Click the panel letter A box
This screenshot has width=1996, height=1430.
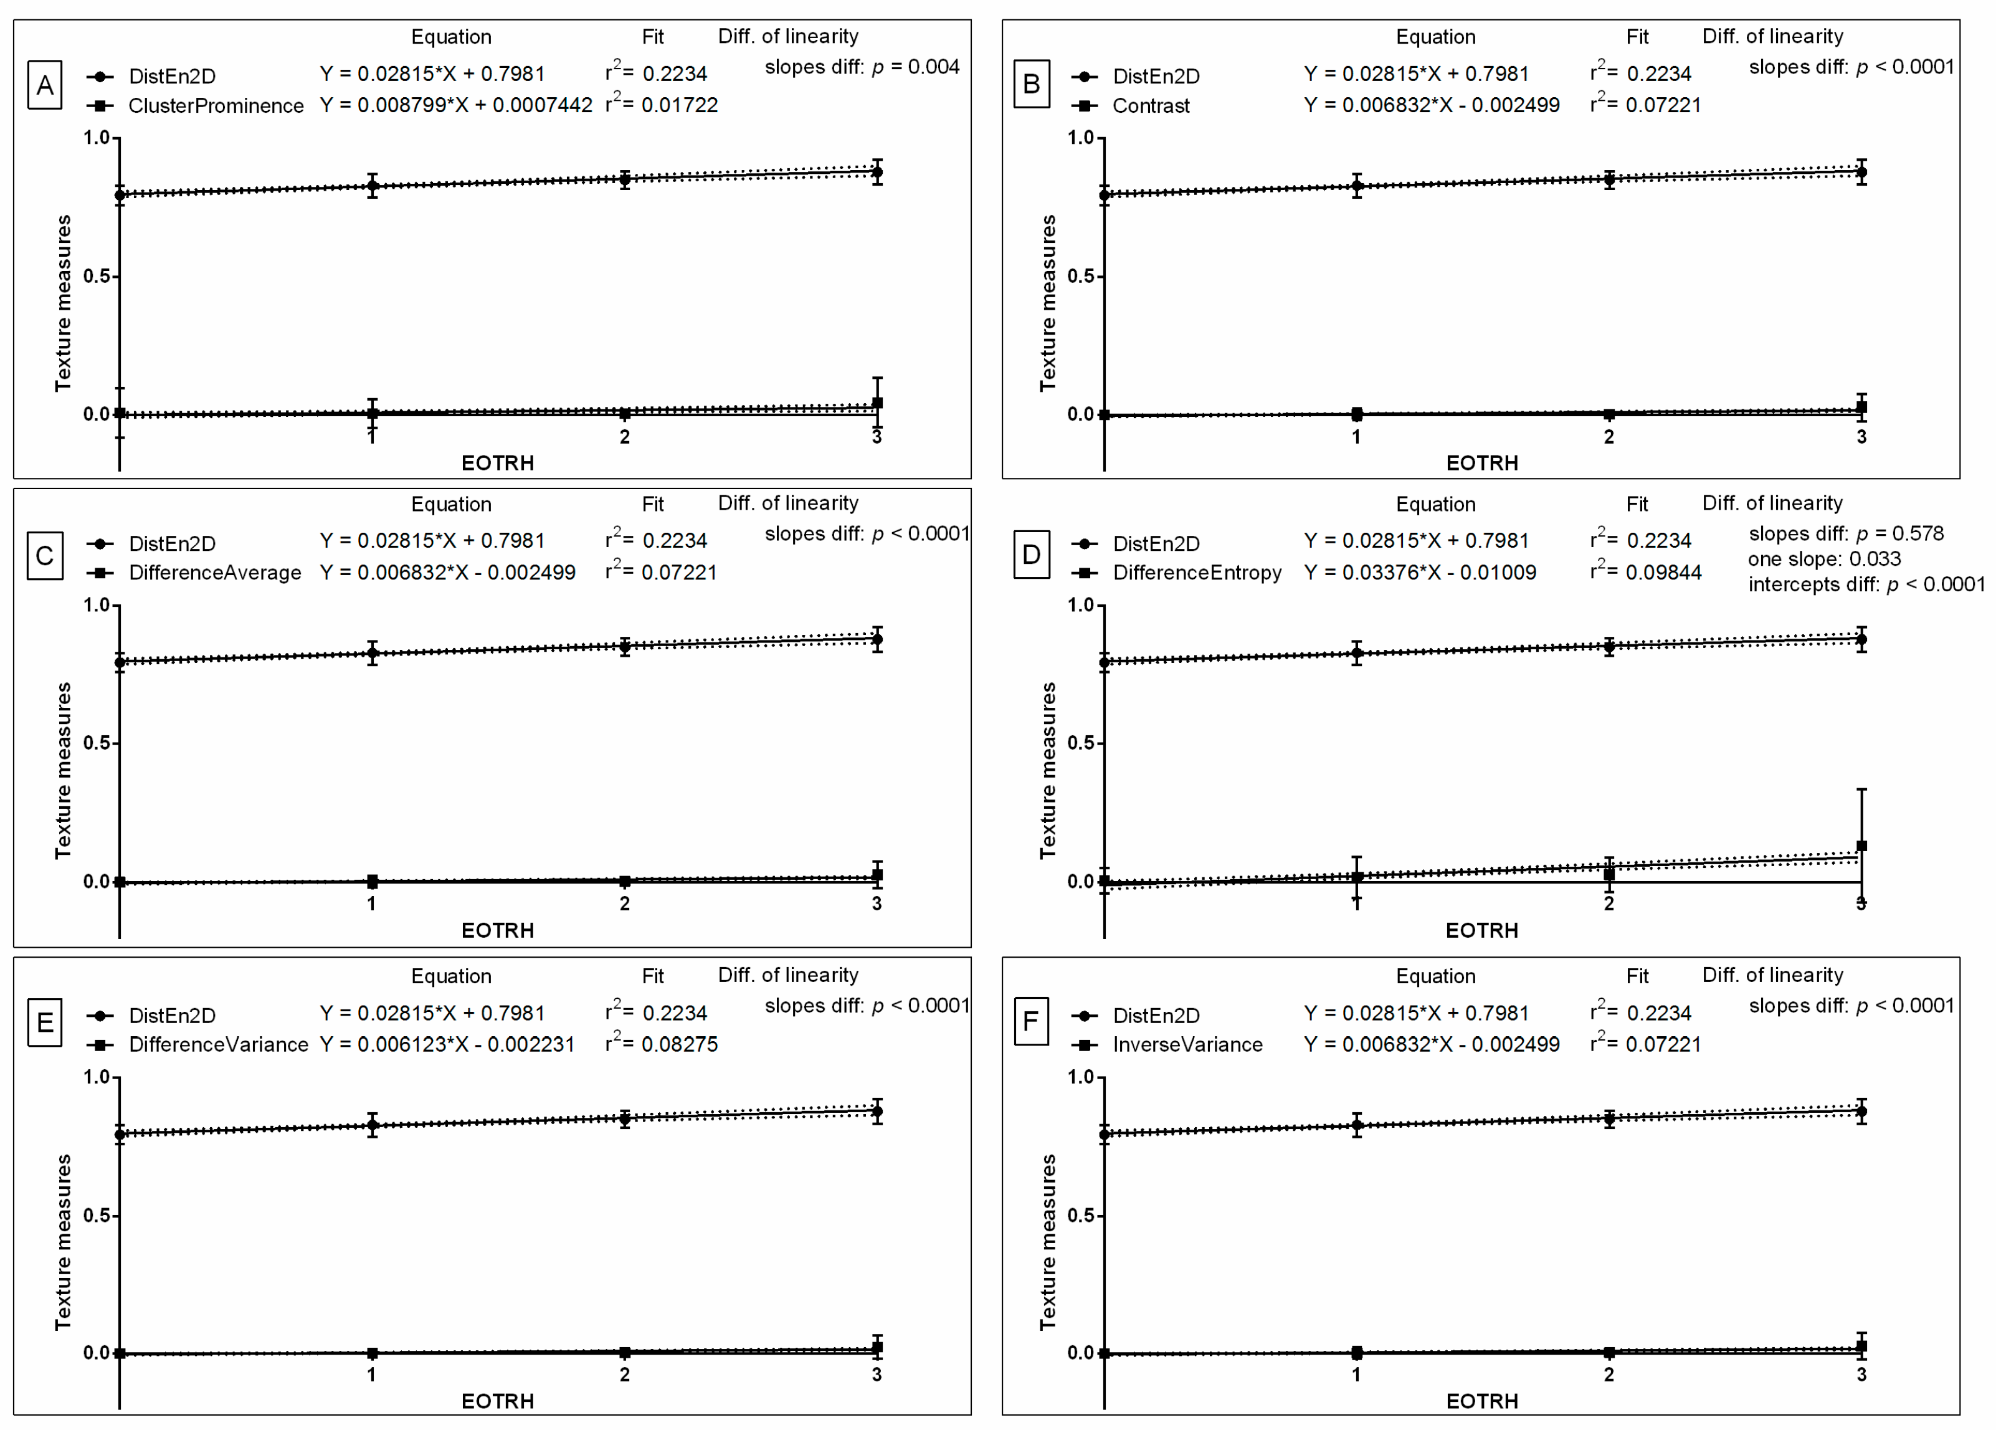45,85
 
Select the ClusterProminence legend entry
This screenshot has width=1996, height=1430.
215,105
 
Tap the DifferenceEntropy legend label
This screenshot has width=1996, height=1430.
1196,573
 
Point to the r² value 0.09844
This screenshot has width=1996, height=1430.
1663,572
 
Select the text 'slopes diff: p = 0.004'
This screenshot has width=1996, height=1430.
862,67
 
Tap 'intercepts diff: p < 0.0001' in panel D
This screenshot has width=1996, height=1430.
1866,584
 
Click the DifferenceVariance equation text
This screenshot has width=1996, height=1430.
447,1044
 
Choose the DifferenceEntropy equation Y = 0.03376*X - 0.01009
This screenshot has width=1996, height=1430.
1420,573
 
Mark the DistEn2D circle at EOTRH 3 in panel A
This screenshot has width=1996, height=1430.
877,173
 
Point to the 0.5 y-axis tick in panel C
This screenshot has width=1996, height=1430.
96,743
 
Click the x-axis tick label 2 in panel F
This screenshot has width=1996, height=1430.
1609,1375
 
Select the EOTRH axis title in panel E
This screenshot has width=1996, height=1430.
497,1401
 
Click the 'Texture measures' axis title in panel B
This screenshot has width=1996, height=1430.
1047,303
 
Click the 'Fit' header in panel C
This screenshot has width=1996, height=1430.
652,504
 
